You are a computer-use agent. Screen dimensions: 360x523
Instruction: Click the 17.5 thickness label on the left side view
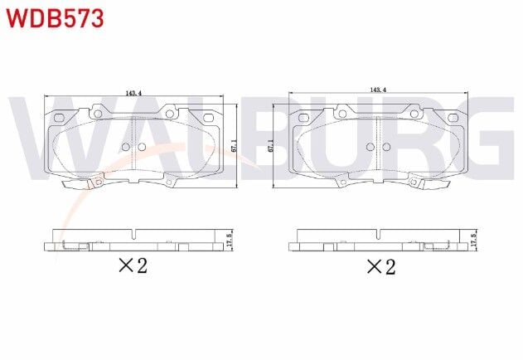tap(230, 241)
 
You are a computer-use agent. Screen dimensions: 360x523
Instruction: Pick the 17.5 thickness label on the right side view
tap(473, 241)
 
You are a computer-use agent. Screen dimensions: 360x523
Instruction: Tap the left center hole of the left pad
tap(125, 147)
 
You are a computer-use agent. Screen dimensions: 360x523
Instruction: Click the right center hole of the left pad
tap(141, 147)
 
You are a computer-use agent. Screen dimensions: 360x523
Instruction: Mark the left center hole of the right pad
tap(370, 147)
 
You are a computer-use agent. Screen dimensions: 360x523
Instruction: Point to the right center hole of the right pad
tap(386, 147)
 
